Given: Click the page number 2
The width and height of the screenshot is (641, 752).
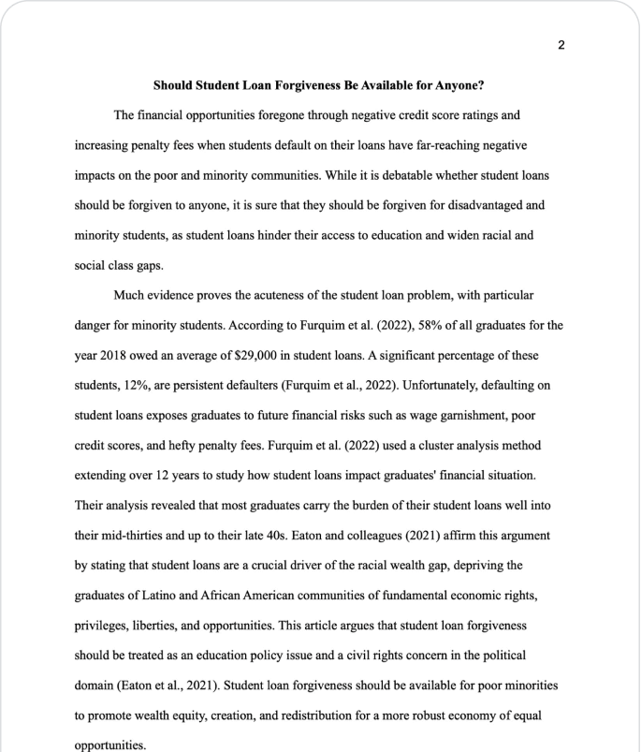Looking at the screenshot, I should (x=561, y=45).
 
